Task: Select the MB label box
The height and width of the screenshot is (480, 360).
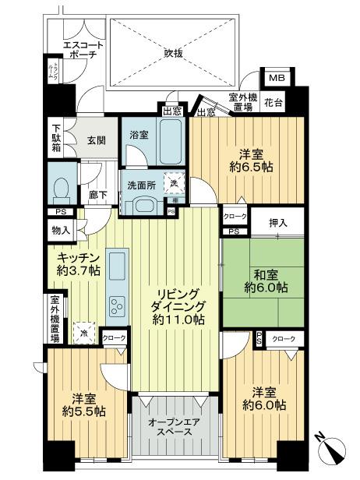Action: tap(277, 79)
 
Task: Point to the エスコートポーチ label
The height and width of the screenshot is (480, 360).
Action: tap(82, 51)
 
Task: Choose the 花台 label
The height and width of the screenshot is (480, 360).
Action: tap(274, 101)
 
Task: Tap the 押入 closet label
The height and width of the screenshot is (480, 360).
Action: tap(278, 224)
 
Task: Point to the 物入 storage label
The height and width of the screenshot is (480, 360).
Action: tap(61, 230)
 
